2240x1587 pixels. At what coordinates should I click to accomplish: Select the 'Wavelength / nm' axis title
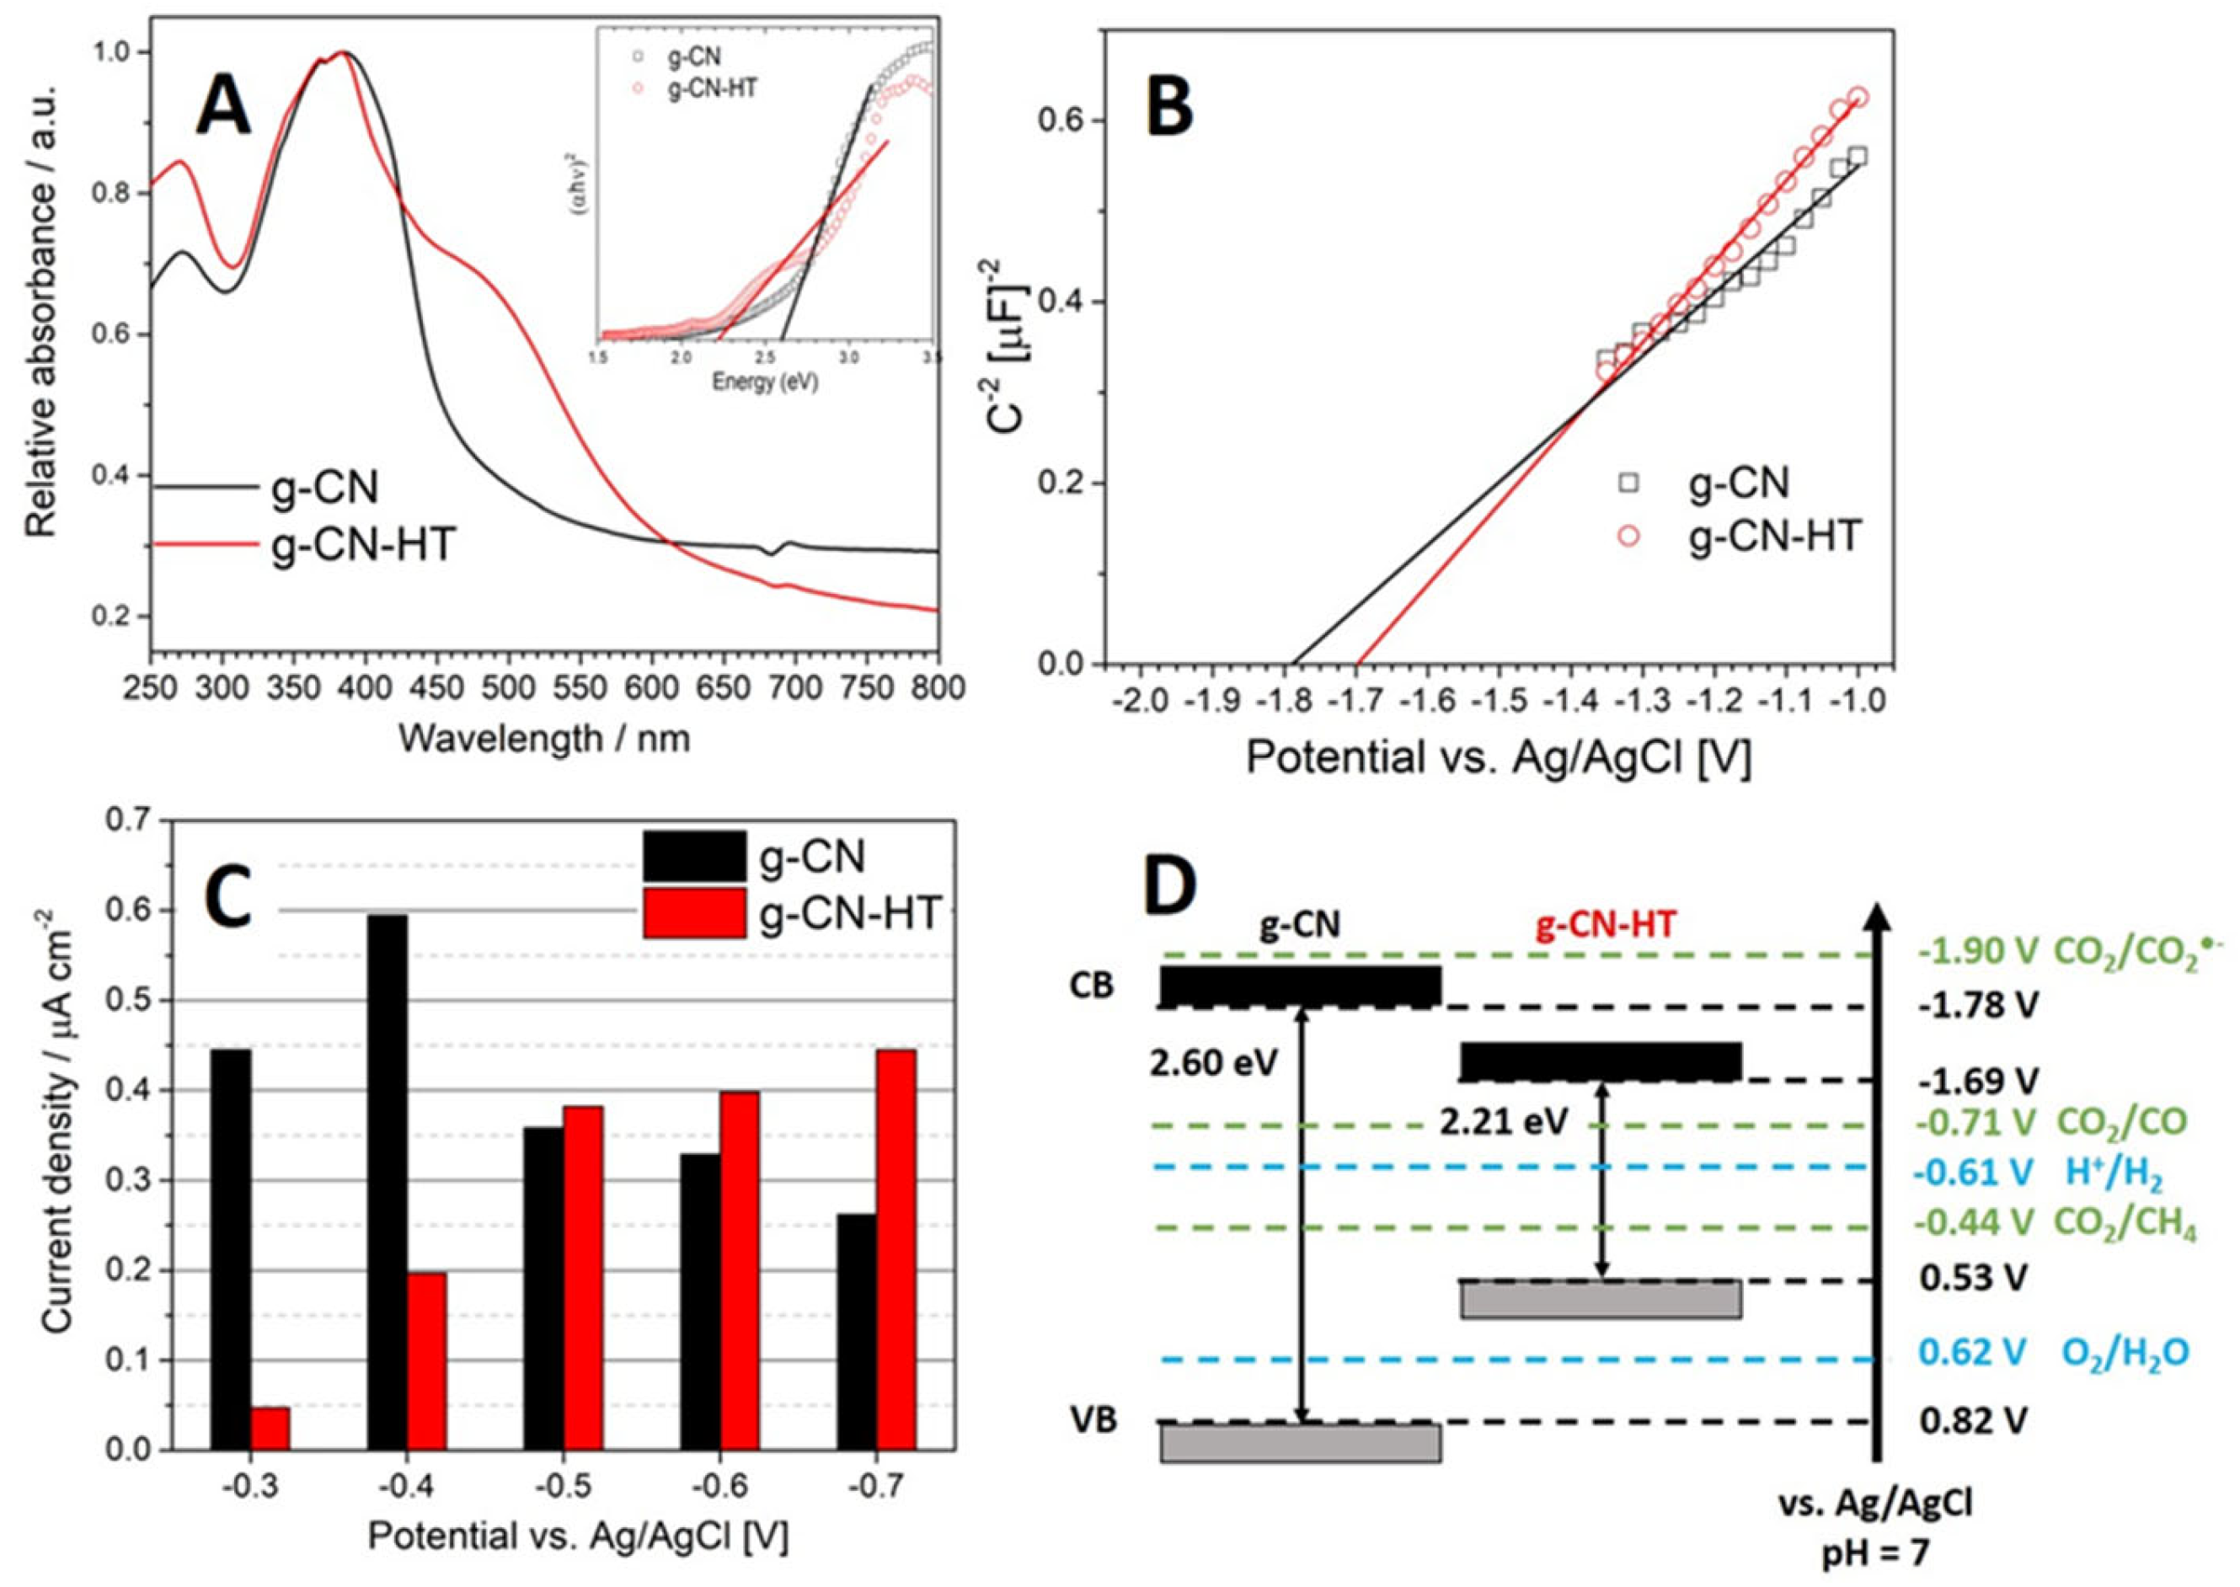[544, 738]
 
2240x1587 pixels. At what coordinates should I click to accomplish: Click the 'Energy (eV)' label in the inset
[764, 382]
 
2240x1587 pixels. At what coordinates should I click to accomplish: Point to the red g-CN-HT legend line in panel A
[206, 545]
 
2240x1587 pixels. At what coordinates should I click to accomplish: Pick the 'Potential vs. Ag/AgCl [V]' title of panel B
[1498, 757]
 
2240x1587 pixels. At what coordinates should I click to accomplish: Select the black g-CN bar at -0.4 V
[387, 1180]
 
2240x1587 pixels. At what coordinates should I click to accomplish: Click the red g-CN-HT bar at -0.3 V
[270, 1428]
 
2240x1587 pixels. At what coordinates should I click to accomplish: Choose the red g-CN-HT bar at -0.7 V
[896, 1249]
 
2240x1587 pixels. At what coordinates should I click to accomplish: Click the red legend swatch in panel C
[695, 911]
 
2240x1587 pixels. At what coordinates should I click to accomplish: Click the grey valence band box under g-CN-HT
[1600, 1300]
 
